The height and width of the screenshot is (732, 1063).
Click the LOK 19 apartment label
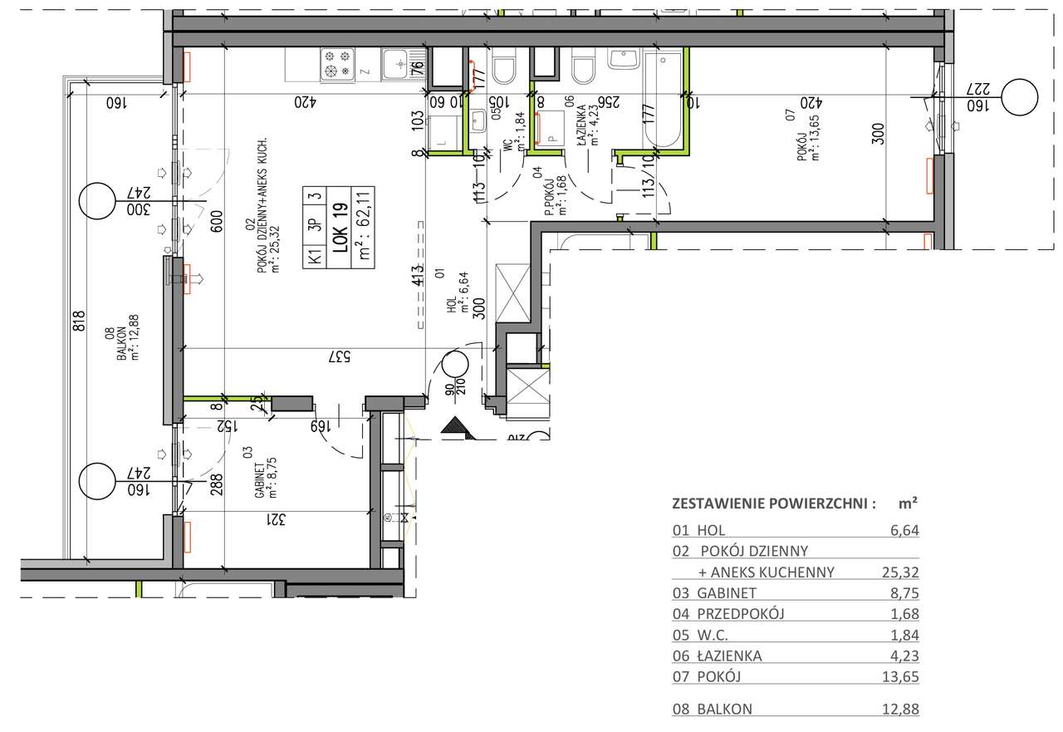coord(339,228)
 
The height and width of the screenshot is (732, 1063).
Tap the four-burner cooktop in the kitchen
coord(337,65)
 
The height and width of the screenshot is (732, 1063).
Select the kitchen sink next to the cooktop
coord(398,63)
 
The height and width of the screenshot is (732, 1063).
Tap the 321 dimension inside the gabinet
coord(277,519)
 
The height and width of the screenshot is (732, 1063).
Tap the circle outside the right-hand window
coord(1020,97)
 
